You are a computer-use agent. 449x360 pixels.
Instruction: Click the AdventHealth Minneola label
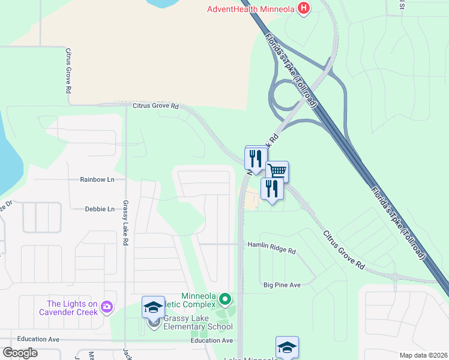pyautogui.click(x=251, y=8)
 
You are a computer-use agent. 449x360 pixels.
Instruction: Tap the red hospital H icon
pyautogui.click(x=305, y=8)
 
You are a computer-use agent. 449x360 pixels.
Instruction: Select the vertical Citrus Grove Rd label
pyautogui.click(x=68, y=71)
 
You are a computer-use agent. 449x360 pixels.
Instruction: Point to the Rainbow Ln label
pyautogui.click(x=97, y=179)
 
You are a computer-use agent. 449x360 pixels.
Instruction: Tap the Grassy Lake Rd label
pyautogui.click(x=126, y=223)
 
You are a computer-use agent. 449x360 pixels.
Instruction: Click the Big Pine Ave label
pyautogui.click(x=282, y=284)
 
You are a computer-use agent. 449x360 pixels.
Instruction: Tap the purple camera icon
pyautogui.click(x=107, y=307)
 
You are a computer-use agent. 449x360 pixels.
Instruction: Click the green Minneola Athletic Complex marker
pyautogui.click(x=225, y=298)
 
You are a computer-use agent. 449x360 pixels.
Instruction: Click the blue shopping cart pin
pyautogui.click(x=277, y=172)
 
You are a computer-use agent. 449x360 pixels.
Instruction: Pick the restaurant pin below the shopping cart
pyautogui.click(x=272, y=190)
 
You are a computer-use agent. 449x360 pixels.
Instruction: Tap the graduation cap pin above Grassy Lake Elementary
pyautogui.click(x=153, y=307)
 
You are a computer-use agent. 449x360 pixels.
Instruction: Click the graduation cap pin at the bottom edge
pyautogui.click(x=287, y=347)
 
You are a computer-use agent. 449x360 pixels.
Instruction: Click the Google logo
pyautogui.click(x=20, y=353)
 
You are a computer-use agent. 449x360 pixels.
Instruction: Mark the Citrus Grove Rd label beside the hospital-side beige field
pyautogui.click(x=155, y=106)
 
